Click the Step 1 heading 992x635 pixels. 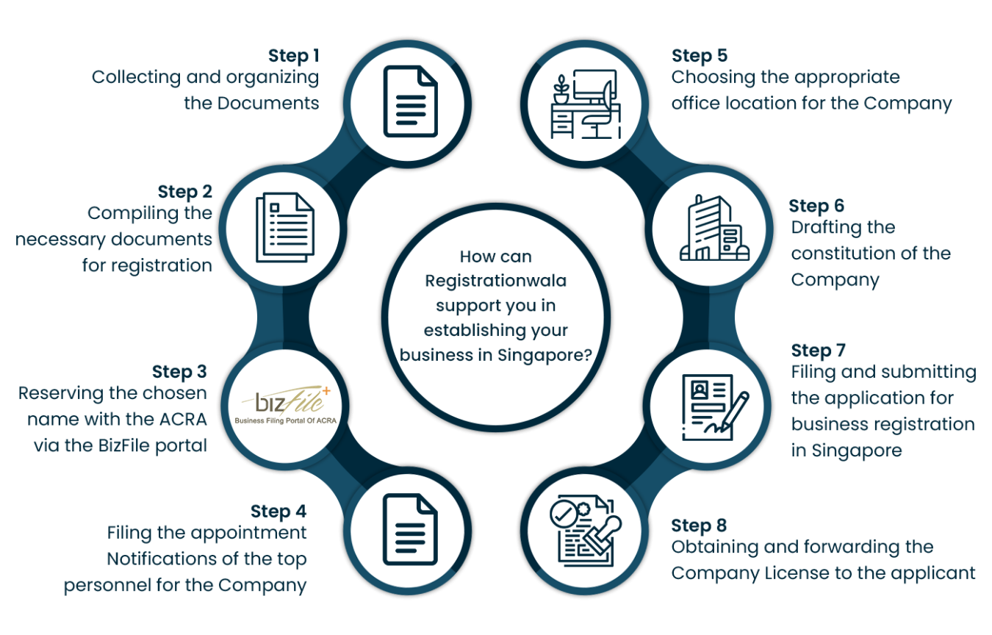point(293,56)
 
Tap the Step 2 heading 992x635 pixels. point(185,192)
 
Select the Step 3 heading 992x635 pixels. point(179,371)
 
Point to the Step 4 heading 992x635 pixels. point(278,511)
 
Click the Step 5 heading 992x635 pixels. point(699,56)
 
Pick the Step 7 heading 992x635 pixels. point(819,351)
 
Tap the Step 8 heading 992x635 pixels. point(699,525)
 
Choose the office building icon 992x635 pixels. point(712,229)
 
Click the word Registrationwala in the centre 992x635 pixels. point(496,281)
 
